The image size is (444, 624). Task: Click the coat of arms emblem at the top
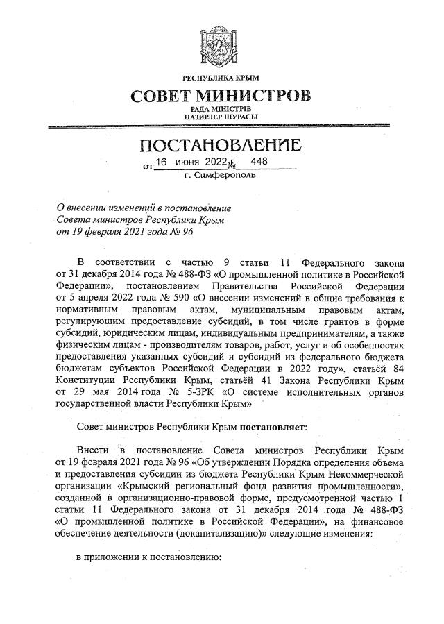[221, 44]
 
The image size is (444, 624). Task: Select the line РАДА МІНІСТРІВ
[221, 109]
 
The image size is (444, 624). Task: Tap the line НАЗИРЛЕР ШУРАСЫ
[221, 117]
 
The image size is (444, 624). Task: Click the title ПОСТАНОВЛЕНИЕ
[221, 146]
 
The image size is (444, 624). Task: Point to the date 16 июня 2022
[191, 162]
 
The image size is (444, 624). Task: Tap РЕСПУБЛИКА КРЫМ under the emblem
[221, 76]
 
